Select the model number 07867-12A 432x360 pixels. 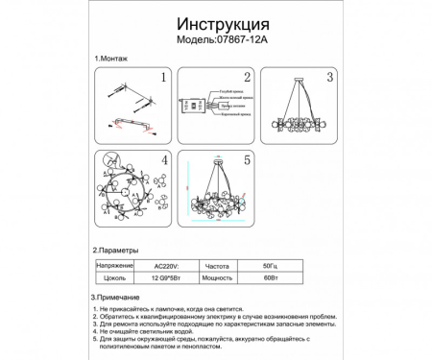coord(236,42)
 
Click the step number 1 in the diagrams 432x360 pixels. coord(163,78)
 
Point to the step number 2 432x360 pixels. coord(247,78)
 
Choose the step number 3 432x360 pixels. coord(329,78)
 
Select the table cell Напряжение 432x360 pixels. coord(113,263)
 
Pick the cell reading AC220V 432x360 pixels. coord(170,263)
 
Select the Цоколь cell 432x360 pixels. coord(113,276)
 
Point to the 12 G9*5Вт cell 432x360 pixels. coord(170,276)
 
